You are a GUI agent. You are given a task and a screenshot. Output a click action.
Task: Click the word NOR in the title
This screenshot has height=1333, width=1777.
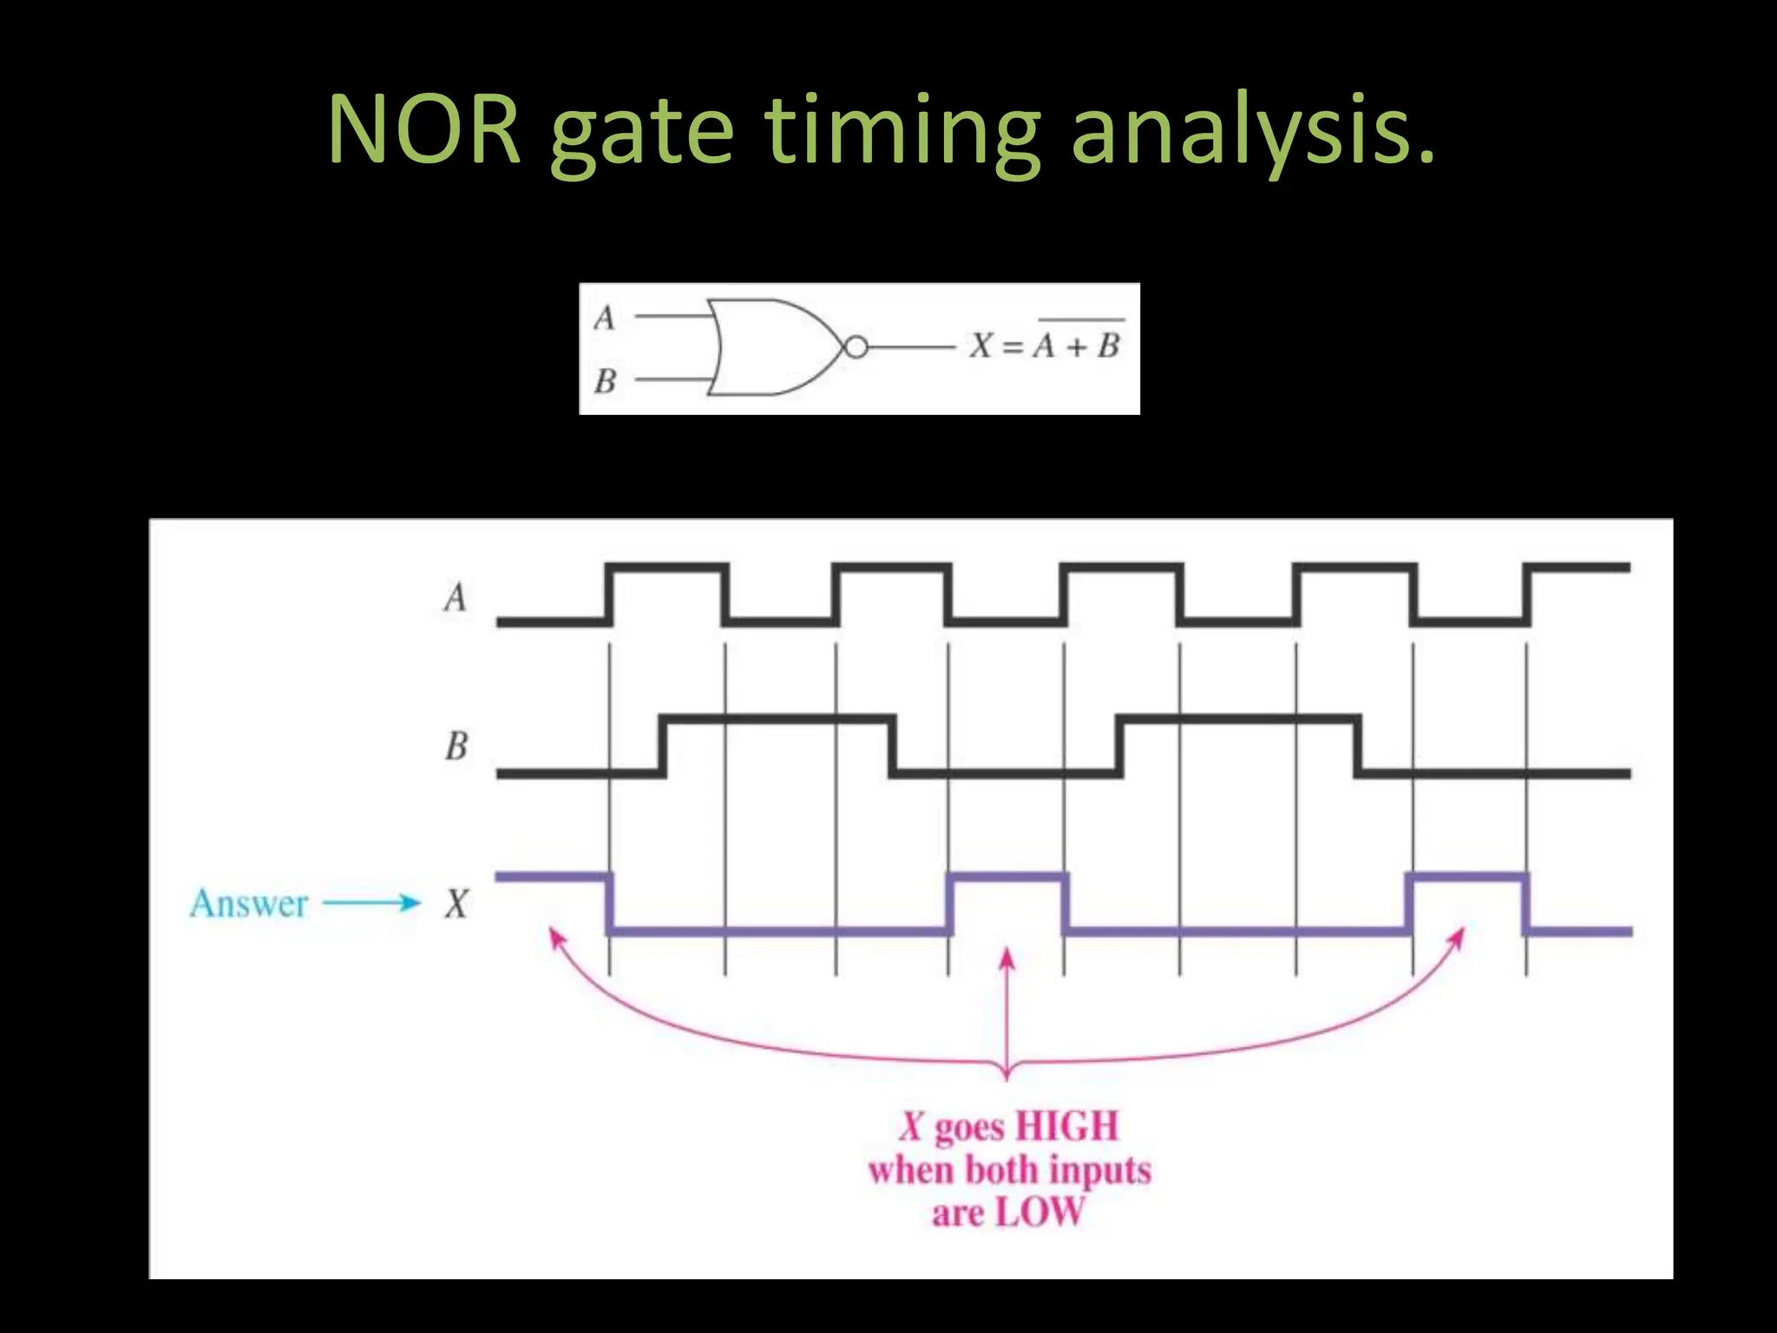pos(424,130)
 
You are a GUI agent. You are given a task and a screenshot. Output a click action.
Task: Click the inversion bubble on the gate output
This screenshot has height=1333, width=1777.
pos(856,348)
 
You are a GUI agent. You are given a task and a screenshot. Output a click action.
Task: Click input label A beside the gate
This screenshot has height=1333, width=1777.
pos(605,318)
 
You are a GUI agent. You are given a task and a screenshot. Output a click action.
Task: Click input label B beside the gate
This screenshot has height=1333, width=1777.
pos(605,380)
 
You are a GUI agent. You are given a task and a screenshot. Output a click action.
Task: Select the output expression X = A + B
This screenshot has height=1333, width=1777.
pos(1046,345)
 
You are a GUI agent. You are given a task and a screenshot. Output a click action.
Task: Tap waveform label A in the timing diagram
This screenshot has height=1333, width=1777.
pos(456,597)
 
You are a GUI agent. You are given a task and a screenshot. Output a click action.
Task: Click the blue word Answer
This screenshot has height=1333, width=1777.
pos(249,903)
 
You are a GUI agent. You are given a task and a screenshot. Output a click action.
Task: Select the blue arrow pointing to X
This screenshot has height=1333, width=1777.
pos(370,903)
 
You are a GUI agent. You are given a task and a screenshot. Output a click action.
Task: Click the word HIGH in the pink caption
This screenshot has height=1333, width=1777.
pos(1066,1126)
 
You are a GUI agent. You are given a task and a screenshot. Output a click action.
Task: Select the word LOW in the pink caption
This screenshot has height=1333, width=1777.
pos(1039,1212)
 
